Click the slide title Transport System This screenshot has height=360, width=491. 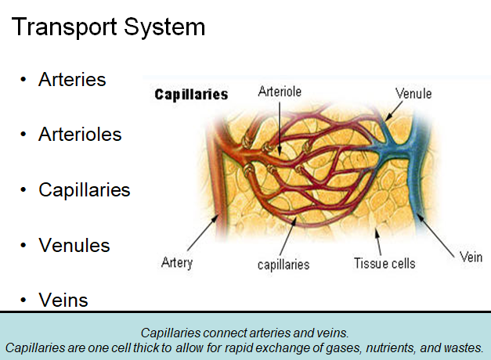(x=108, y=27)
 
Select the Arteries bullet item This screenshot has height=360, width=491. (x=71, y=80)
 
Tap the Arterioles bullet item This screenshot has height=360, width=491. (x=80, y=135)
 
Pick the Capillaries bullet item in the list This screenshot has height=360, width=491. (x=84, y=190)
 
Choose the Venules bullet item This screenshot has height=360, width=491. (x=74, y=246)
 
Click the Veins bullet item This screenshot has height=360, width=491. (x=63, y=301)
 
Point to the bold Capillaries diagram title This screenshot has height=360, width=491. (x=191, y=95)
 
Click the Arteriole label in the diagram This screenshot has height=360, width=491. (x=280, y=92)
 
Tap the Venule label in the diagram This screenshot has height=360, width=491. (x=413, y=94)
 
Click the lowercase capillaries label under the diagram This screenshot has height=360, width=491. (x=283, y=264)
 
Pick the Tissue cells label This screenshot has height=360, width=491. (x=384, y=263)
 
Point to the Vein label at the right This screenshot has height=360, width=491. (x=471, y=257)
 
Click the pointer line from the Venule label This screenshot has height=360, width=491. (x=395, y=110)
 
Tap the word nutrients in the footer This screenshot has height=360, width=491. (x=392, y=347)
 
